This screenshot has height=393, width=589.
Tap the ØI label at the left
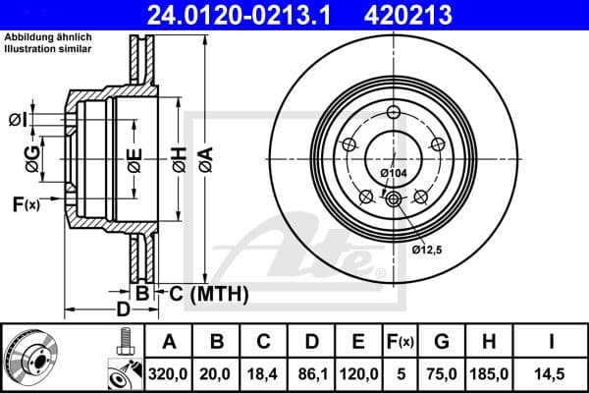tap(17, 119)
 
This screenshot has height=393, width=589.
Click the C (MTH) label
tap(208, 294)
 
